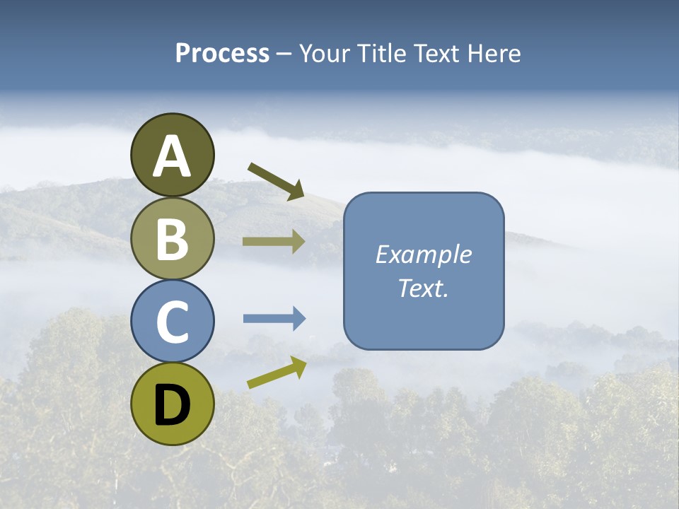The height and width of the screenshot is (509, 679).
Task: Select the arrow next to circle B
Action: pyautogui.click(x=273, y=242)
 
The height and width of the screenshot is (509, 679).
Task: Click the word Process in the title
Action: pyautogui.click(x=222, y=53)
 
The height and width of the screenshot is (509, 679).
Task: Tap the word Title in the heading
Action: pyautogui.click(x=380, y=53)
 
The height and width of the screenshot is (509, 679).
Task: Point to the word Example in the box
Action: pyautogui.click(x=424, y=255)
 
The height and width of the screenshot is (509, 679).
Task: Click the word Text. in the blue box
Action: pyautogui.click(x=424, y=288)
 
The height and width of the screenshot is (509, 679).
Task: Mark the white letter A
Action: pyautogui.click(x=173, y=157)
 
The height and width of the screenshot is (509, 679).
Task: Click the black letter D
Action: pyautogui.click(x=173, y=404)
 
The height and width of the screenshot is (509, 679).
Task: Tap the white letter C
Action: pyautogui.click(x=173, y=322)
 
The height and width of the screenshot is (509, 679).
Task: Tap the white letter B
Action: pyautogui.click(x=173, y=240)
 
